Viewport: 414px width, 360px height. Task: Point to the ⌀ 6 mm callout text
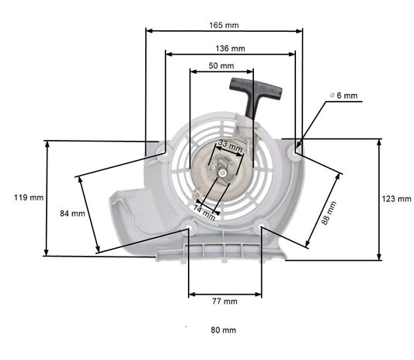(343, 95)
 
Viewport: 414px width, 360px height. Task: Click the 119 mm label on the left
(29, 197)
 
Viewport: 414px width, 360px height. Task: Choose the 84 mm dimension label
(72, 213)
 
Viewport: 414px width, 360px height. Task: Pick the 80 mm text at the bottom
(224, 330)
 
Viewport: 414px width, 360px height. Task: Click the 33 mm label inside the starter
(229, 145)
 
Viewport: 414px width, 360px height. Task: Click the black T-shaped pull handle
(244, 93)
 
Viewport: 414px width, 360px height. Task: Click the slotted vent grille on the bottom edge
(225, 249)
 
